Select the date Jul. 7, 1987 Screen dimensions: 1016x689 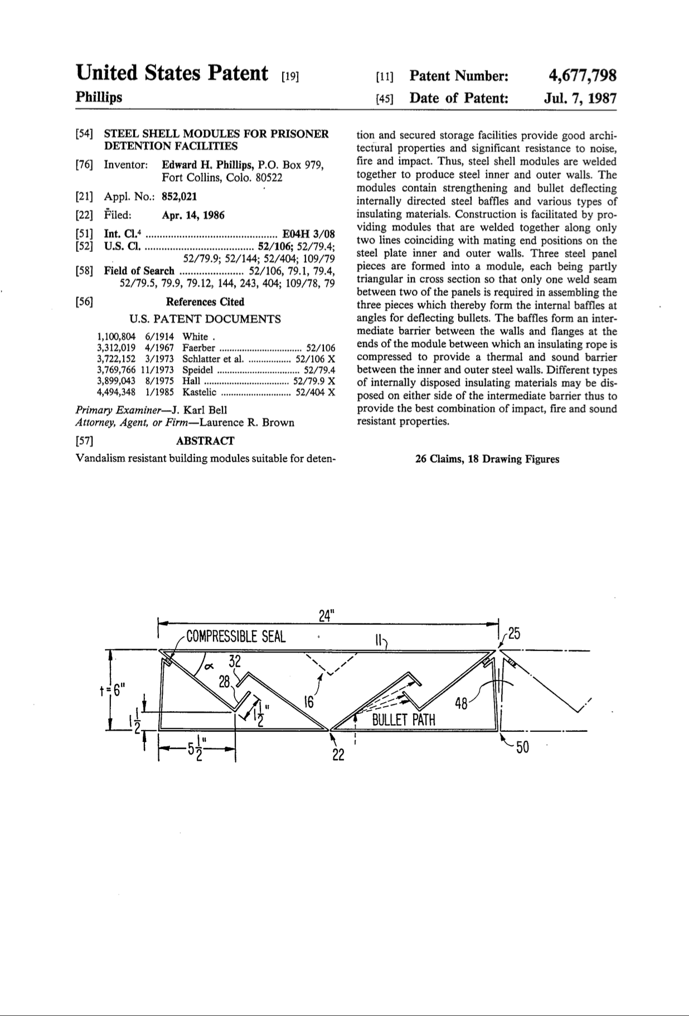(580, 99)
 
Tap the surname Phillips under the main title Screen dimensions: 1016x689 (99, 98)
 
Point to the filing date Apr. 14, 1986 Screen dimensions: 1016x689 (193, 215)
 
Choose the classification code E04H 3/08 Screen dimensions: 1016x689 (309, 234)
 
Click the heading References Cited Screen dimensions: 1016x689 (205, 302)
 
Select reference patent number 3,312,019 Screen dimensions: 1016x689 (116, 348)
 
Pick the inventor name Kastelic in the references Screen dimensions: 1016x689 (199, 392)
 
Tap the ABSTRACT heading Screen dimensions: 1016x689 (205, 441)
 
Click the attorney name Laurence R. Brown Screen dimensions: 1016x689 (247, 422)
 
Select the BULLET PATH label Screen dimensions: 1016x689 (404, 720)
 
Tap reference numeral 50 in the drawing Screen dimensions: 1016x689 (522, 747)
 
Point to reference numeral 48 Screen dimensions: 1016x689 (461, 704)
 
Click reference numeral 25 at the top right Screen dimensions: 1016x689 (513, 634)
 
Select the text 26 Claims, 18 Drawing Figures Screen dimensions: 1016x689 (487, 459)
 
